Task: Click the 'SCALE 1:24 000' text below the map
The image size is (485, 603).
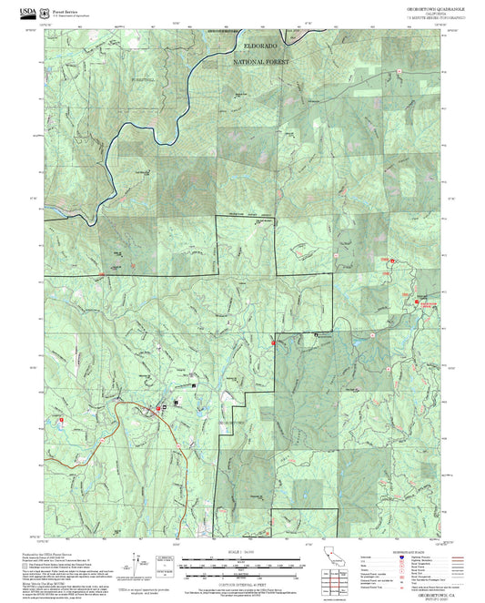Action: coord(241,552)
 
